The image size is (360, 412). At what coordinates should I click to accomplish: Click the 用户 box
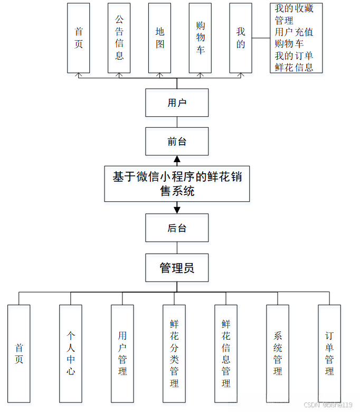(177, 102)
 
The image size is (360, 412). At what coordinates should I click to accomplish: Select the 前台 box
(177, 142)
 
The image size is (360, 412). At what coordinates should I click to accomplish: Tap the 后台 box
(177, 228)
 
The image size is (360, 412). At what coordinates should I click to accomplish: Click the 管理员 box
(177, 268)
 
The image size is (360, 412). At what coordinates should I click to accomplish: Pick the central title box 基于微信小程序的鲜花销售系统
(177, 183)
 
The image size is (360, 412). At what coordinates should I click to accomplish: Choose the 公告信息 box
(119, 38)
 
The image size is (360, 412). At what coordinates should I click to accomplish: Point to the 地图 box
(160, 38)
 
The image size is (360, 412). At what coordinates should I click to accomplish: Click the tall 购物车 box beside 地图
(201, 38)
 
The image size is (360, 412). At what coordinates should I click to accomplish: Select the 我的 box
(241, 38)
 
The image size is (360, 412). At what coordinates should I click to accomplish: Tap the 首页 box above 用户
(79, 38)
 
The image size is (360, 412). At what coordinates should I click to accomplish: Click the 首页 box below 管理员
(19, 353)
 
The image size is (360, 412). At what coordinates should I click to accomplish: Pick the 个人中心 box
(71, 353)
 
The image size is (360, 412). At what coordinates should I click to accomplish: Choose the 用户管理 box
(122, 353)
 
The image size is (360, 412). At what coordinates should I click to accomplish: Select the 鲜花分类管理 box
(174, 353)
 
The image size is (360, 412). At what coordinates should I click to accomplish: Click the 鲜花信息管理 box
(226, 353)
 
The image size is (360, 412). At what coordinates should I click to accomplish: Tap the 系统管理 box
(278, 353)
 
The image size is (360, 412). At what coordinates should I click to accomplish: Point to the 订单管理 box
(329, 353)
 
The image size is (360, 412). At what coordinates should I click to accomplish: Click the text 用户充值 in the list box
(294, 32)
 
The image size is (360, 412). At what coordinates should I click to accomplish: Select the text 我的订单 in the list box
(294, 55)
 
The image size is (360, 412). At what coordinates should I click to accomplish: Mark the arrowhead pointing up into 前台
(177, 159)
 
